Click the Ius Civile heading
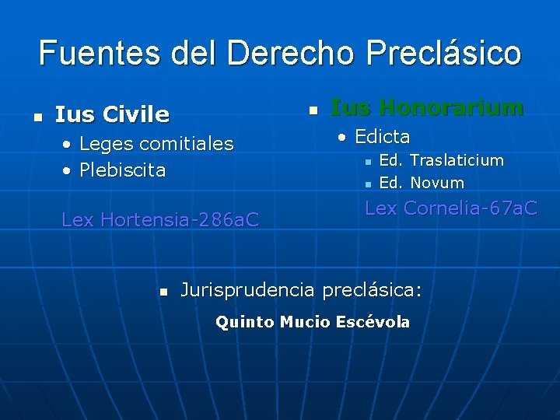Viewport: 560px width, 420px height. click(x=112, y=115)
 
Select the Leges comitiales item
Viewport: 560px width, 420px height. click(x=156, y=144)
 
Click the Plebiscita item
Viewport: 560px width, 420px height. click(x=122, y=170)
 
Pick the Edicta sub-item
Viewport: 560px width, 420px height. click(x=382, y=137)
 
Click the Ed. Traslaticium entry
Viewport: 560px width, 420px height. click(x=441, y=160)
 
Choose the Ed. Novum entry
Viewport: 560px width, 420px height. click(x=421, y=184)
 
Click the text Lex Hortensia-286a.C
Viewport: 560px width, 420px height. click(x=160, y=220)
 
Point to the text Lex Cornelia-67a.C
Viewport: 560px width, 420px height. click(x=450, y=208)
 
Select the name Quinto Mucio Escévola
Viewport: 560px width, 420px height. click(x=312, y=322)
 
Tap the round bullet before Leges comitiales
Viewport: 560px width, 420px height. click(x=68, y=145)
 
